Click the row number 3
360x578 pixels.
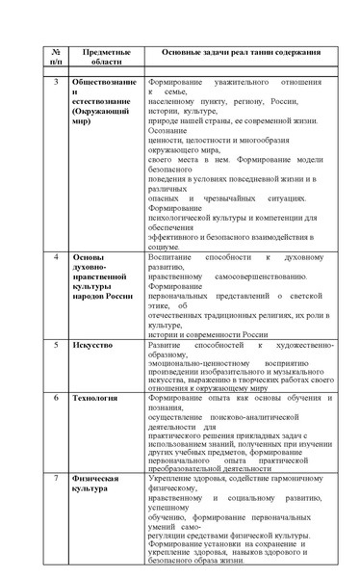point(57,82)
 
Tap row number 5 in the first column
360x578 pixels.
point(57,343)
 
